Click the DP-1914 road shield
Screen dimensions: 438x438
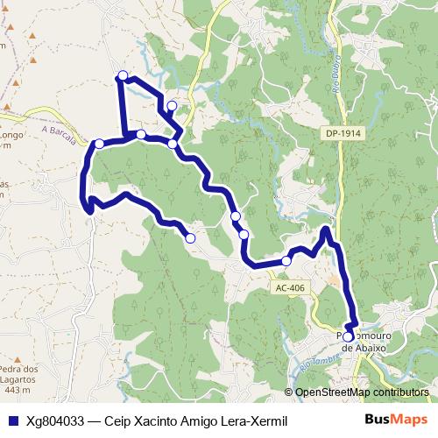pos(342,132)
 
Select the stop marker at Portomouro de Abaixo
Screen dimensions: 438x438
pos(348,336)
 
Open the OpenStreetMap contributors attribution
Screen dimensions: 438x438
pos(361,392)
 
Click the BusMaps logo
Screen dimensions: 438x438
pos(401,420)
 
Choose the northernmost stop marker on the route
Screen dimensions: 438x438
pos(123,75)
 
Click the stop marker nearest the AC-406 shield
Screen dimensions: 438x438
pos(286,261)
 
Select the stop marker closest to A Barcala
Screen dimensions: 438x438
pos(100,143)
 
